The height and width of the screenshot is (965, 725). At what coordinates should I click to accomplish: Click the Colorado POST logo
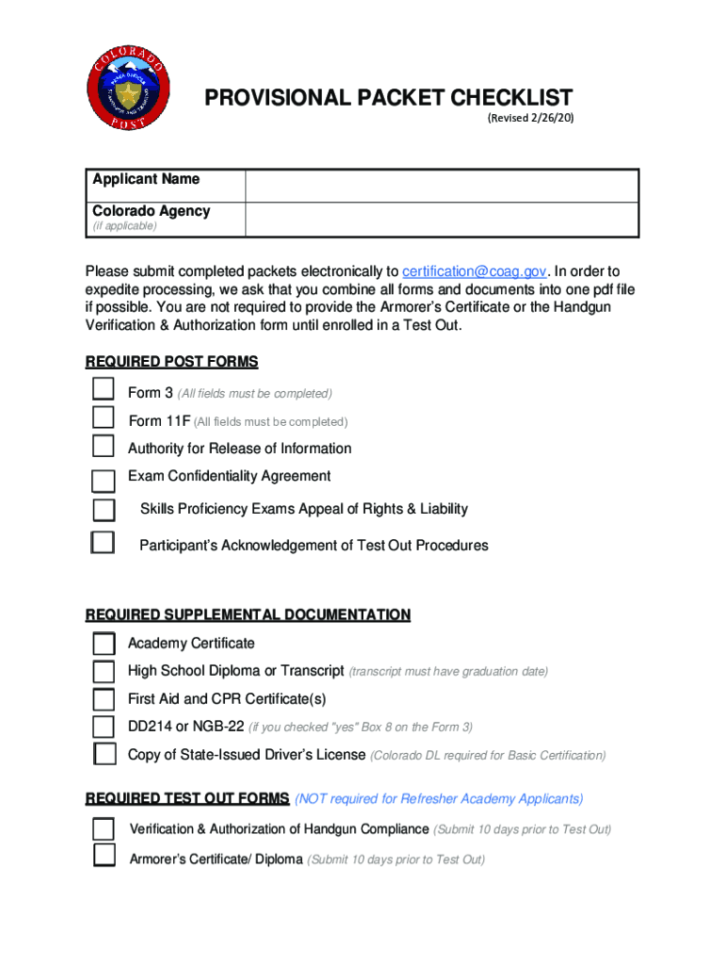click(131, 91)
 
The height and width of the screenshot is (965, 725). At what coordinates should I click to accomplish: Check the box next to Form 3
click(103, 391)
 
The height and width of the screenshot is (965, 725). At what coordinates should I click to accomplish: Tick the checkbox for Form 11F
click(103, 418)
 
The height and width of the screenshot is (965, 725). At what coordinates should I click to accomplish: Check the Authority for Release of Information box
click(103, 447)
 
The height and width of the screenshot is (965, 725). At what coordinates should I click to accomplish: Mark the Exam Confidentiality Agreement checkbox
click(103, 481)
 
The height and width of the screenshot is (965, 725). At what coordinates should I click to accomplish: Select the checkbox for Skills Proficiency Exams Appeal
click(104, 510)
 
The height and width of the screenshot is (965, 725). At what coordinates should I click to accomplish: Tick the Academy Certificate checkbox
click(104, 644)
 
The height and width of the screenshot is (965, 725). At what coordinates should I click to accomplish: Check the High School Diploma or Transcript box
click(104, 672)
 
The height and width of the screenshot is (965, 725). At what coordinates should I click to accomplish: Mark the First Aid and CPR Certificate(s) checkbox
click(104, 699)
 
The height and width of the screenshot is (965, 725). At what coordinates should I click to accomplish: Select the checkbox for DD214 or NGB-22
click(104, 727)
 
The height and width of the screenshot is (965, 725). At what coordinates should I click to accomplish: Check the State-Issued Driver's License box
click(105, 754)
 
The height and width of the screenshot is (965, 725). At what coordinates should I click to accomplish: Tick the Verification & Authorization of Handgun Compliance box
click(104, 828)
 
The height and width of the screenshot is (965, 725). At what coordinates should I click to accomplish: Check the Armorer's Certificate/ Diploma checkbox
click(104, 856)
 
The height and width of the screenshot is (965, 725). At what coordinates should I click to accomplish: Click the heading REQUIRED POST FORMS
click(171, 362)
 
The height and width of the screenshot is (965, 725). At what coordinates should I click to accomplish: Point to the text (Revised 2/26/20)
click(530, 119)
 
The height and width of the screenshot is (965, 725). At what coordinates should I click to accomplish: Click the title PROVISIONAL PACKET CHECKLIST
click(389, 97)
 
